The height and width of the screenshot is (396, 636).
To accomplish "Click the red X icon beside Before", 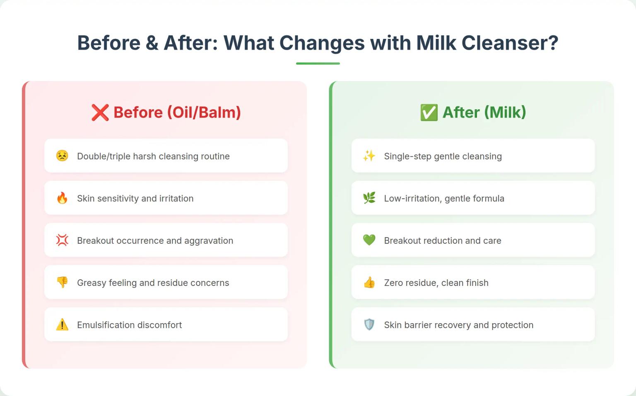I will click(100, 113).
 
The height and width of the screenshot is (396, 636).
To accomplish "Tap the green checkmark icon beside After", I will click(429, 113).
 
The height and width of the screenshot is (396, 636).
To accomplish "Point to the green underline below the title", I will click(318, 63).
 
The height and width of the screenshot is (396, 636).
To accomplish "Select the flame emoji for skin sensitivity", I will click(62, 198).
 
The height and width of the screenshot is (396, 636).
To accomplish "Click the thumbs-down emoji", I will click(62, 282).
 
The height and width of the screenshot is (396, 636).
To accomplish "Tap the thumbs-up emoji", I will click(369, 282).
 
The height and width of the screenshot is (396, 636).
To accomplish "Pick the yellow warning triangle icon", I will click(62, 324).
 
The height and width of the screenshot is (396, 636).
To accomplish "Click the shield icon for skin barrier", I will click(369, 324).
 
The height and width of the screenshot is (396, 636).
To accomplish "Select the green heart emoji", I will click(369, 240).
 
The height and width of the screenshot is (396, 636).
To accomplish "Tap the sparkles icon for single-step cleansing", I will click(369, 156).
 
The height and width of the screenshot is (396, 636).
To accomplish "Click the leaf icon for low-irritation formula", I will click(369, 198).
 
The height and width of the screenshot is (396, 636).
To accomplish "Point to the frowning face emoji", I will click(62, 156).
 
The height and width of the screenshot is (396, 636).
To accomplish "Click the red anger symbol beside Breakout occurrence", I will click(62, 240).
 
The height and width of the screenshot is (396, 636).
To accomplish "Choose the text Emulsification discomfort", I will click(129, 325).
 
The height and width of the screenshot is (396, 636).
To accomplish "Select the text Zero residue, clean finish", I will click(436, 283).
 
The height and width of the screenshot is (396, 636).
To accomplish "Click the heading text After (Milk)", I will click(484, 113).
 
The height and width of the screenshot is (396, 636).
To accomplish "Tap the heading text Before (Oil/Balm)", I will click(177, 113).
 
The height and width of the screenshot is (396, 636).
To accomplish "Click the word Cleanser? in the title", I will click(510, 43).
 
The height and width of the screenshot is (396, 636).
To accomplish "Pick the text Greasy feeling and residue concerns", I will click(153, 283).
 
